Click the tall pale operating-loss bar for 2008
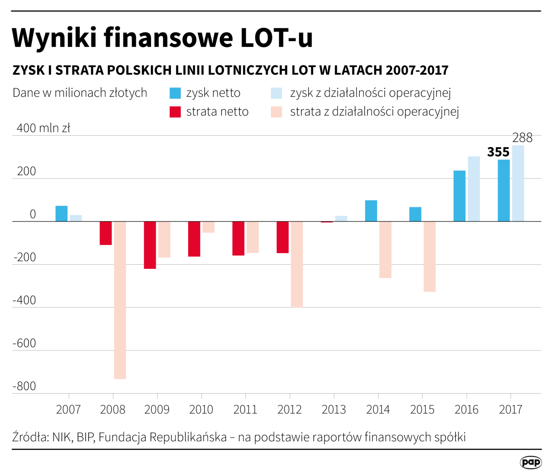120,300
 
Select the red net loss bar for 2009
150,245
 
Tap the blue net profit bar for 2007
61,213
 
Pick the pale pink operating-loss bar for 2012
297,264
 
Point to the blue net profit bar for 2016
459,196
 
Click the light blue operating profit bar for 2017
518,183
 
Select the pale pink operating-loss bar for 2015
429,256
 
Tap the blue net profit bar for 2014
371,211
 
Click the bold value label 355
498,152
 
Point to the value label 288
522,138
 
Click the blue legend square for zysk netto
175,93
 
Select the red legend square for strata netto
175,112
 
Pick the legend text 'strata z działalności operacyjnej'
374,112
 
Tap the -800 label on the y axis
24,386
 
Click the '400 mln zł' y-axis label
43,128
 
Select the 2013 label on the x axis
334,410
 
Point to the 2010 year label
201,410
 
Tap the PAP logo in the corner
530,462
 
